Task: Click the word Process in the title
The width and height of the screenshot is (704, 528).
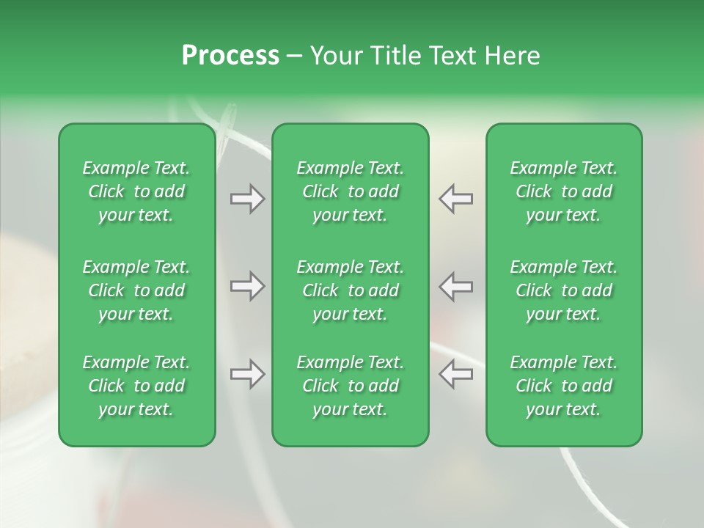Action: (x=230, y=56)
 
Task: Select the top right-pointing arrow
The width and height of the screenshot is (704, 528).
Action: (x=247, y=199)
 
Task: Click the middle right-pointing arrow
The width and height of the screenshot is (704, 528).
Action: (x=247, y=286)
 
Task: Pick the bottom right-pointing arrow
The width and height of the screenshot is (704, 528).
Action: (x=247, y=374)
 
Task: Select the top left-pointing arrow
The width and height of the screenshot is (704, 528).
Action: (x=456, y=199)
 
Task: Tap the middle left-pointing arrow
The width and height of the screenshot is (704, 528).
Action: (x=456, y=286)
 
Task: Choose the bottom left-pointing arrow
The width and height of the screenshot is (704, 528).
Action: (x=456, y=374)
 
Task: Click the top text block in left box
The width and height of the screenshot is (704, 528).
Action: (x=136, y=191)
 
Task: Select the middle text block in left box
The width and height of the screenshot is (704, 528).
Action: (x=136, y=290)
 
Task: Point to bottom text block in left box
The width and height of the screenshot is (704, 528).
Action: (x=136, y=386)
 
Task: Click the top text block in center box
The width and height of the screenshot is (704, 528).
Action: (x=350, y=191)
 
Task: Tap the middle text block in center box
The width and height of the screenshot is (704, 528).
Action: (x=350, y=290)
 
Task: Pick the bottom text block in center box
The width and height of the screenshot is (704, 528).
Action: (x=350, y=386)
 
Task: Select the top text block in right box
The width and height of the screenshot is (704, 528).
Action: (x=563, y=191)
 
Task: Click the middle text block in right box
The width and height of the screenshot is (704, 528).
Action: (x=563, y=290)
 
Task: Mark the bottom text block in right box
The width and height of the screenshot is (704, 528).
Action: (x=563, y=386)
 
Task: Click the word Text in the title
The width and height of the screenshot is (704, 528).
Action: (x=452, y=56)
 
